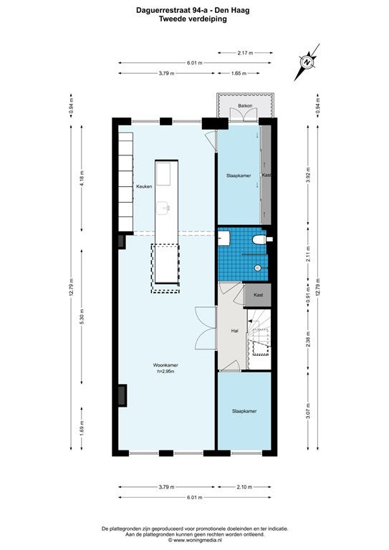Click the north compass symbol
[307, 62]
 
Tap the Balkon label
[245, 105]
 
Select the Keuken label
[144, 187]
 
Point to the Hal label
[235, 330]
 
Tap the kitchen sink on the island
[163, 208]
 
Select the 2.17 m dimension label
[245, 53]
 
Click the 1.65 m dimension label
[239, 73]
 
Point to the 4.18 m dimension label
[82, 178]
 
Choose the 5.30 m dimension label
[82, 317]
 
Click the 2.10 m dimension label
[244, 487]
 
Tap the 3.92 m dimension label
[308, 175]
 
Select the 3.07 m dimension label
[308, 411]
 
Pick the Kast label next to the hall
[258, 295]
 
